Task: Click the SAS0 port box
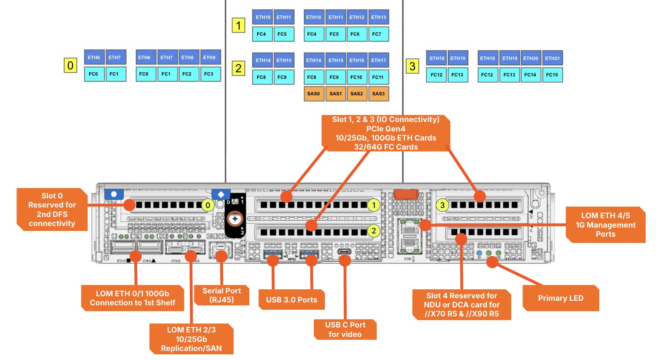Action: click(314, 94)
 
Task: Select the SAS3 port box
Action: click(378, 94)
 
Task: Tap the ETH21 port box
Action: click(552, 58)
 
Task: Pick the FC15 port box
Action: click(552, 75)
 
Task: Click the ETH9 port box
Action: click(209, 58)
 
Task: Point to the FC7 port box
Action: click(377, 34)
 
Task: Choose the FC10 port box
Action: click(356, 77)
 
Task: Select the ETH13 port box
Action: click(378, 17)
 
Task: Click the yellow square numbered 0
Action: click(70, 65)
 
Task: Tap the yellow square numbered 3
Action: click(412, 66)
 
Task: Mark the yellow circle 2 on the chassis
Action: click(373, 231)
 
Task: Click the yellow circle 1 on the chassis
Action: click(373, 205)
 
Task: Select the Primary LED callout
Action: click(561, 298)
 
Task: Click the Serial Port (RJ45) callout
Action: click(222, 295)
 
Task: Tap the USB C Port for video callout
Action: click(345, 330)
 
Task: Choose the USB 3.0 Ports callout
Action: click(292, 300)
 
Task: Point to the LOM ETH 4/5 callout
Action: click(605, 225)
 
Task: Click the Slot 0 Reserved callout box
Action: click(52, 210)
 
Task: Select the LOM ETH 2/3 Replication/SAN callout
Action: click(191, 339)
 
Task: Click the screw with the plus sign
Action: click(235, 219)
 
